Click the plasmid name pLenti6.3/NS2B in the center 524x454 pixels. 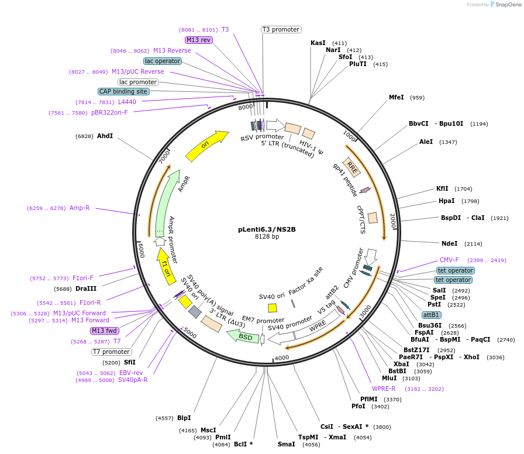[x=267, y=229]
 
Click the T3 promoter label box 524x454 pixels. [x=281, y=29]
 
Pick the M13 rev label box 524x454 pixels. [x=198, y=40]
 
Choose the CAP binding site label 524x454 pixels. [x=123, y=91]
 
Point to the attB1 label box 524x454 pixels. [x=432, y=315]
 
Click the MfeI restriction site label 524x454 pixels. [x=397, y=97]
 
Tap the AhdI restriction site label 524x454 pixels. [x=105, y=136]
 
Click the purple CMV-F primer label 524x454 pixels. [x=449, y=260]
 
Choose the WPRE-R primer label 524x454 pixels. [x=384, y=388]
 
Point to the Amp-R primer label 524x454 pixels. [x=80, y=208]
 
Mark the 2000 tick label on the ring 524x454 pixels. [x=393, y=221]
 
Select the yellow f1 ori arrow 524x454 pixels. [x=166, y=266]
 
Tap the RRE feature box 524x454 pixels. [x=352, y=167]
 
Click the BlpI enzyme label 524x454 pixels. [x=184, y=418]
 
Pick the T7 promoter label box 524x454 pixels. [x=112, y=352]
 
